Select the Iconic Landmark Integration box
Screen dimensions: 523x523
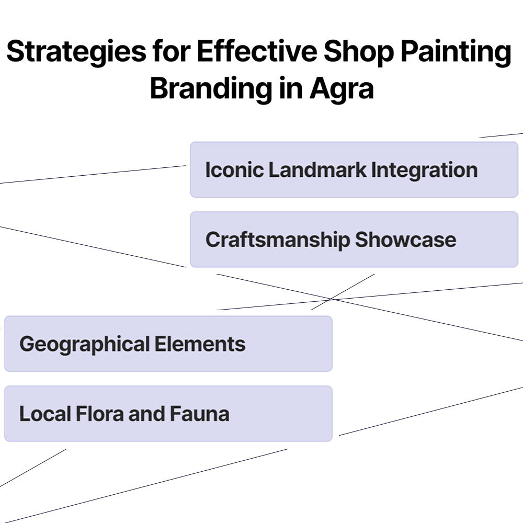(x=354, y=169)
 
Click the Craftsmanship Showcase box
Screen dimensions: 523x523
(x=354, y=240)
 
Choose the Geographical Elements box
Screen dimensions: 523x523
(x=168, y=344)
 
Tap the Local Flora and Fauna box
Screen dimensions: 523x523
(x=168, y=414)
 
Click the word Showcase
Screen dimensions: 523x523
(x=405, y=240)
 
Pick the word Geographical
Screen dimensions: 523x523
(x=84, y=344)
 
